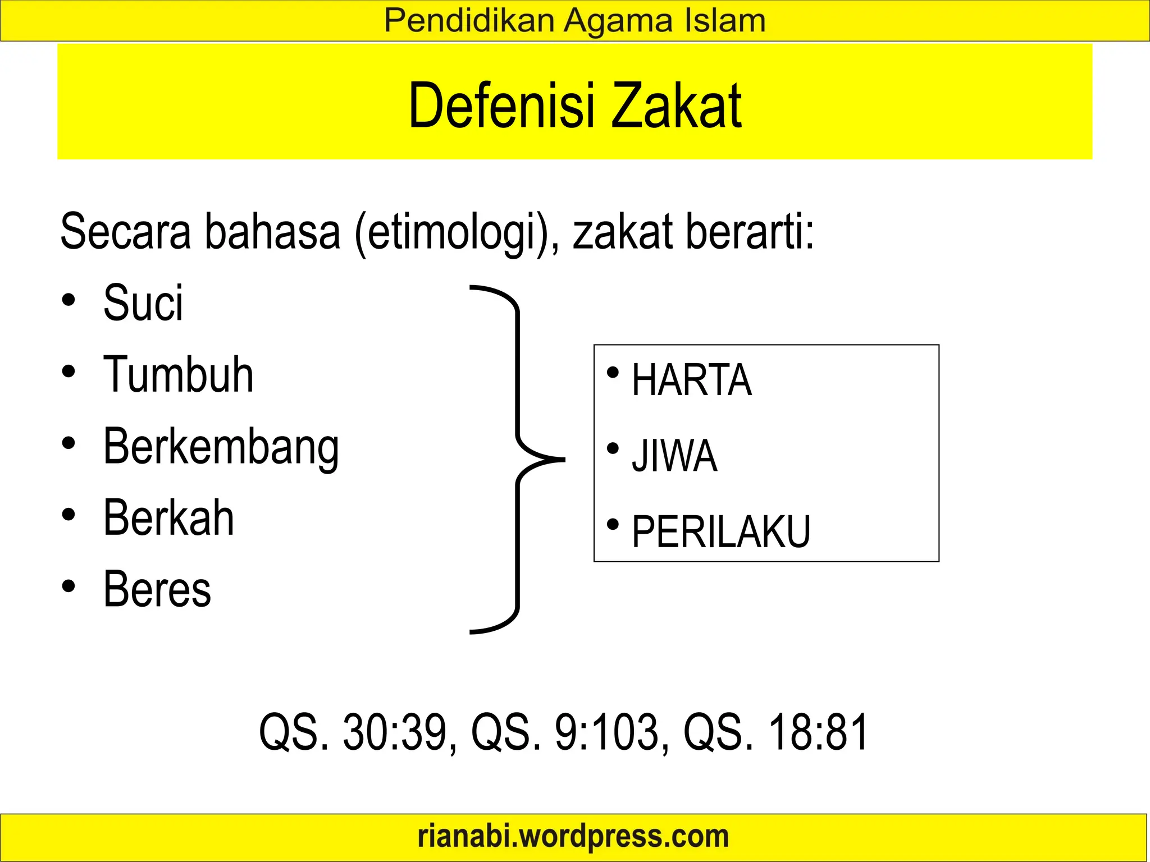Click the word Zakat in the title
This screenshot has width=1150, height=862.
[x=677, y=106]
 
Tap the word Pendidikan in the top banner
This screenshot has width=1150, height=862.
[x=469, y=21]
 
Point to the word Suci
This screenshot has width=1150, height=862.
[x=143, y=303]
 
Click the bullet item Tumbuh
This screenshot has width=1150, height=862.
[x=178, y=374]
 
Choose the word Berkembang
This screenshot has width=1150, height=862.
[x=221, y=447]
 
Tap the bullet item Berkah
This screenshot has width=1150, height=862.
[x=168, y=517]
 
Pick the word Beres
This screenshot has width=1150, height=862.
[x=157, y=589]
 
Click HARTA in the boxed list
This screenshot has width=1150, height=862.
[x=691, y=380]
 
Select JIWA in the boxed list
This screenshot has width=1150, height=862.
[x=674, y=456]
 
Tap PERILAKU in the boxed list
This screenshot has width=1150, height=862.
[x=721, y=531]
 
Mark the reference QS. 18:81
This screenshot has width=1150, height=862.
[x=775, y=732]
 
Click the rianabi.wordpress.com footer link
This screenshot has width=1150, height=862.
[x=573, y=836]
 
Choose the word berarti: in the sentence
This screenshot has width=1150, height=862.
[x=750, y=232]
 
